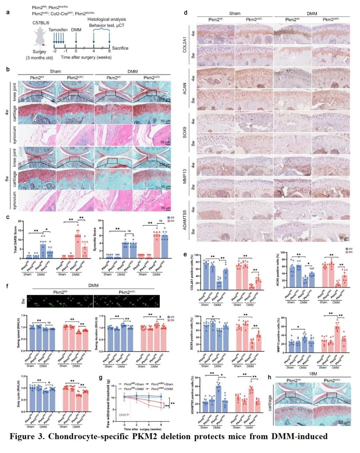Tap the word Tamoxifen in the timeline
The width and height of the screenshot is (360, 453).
tap(58, 30)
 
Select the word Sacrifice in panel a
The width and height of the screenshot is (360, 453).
tap(120, 48)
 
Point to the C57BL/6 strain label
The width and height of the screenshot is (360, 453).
tap(41, 23)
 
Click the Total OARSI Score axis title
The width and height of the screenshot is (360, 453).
tap(15, 240)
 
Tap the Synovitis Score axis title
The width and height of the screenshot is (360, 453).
tap(95, 240)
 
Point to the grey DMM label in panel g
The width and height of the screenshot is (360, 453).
tap(122, 415)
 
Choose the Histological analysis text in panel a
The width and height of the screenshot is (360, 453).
tap(107, 19)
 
